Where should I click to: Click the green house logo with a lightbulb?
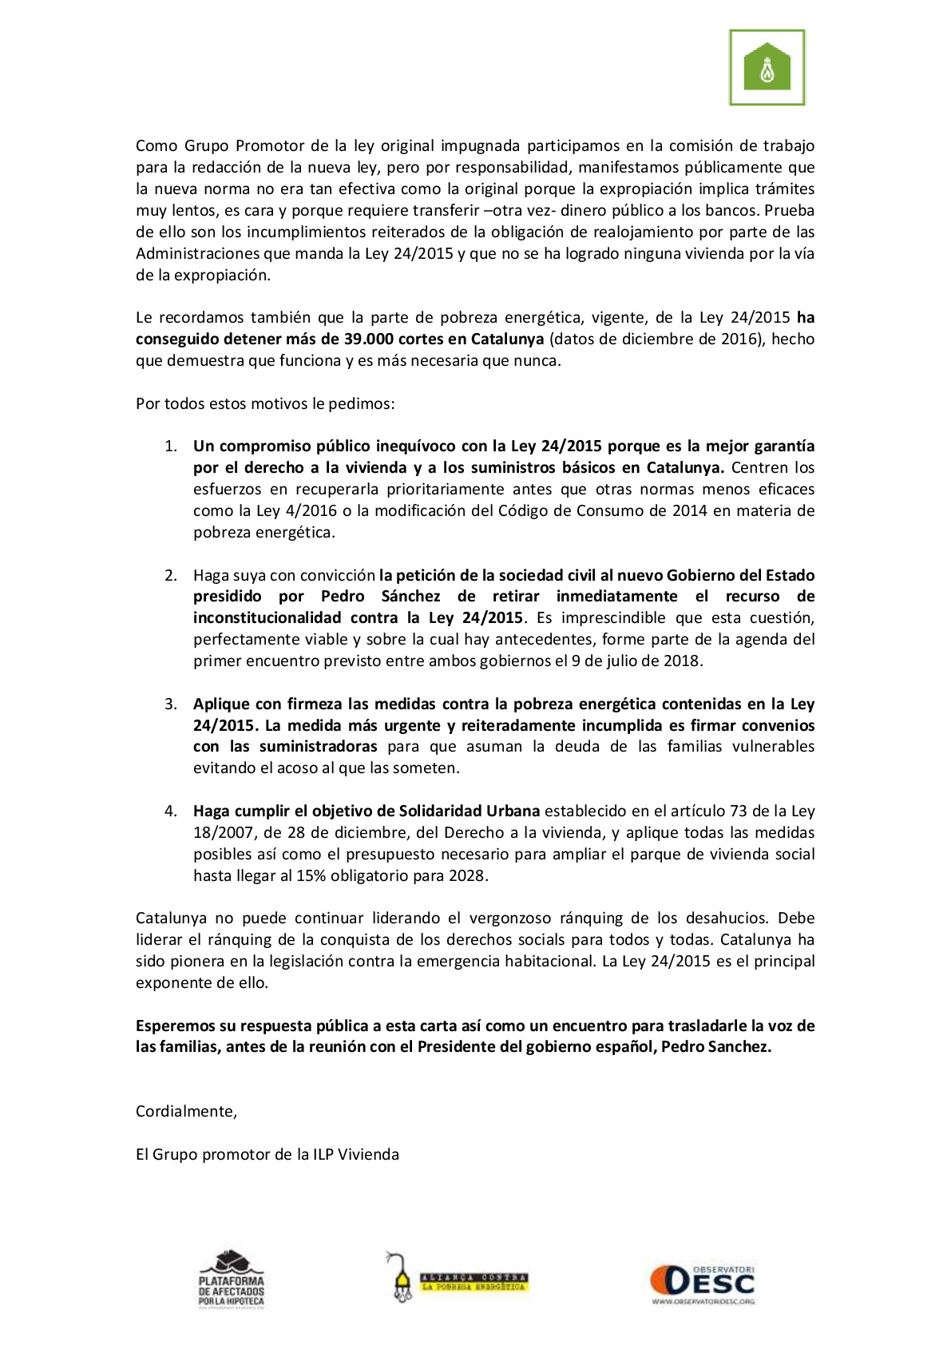point(767,68)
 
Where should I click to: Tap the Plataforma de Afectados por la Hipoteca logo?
point(231,1278)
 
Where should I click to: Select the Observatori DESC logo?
point(702,1284)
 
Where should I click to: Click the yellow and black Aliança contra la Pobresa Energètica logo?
point(458,1278)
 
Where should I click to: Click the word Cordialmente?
point(186,1111)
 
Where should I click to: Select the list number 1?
point(170,446)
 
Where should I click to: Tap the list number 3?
point(170,704)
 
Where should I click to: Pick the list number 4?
point(170,811)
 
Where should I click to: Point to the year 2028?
point(466,875)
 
